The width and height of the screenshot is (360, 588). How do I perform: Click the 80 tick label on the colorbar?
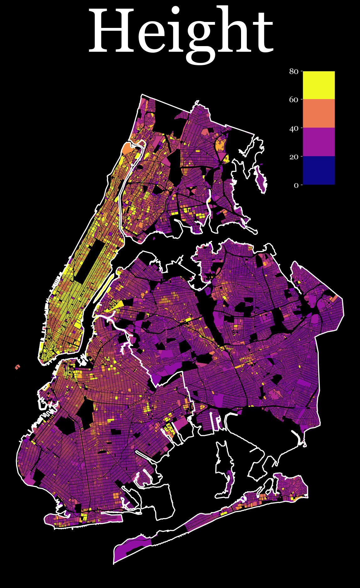pyautogui.click(x=293, y=72)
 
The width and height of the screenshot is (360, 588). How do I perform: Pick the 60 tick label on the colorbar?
pyautogui.click(x=293, y=100)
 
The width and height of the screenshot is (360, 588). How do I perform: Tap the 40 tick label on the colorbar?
pyautogui.click(x=293, y=128)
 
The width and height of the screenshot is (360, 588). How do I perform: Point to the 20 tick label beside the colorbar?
pyautogui.click(x=293, y=156)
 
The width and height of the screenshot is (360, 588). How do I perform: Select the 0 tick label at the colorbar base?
pyautogui.click(x=296, y=185)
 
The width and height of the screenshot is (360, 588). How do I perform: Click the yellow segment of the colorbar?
pyautogui.click(x=319, y=85)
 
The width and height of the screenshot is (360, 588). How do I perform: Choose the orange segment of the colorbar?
pyautogui.click(x=319, y=114)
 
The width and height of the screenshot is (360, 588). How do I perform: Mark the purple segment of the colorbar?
pyautogui.click(x=319, y=142)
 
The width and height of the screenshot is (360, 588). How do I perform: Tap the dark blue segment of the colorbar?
pyautogui.click(x=319, y=170)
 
